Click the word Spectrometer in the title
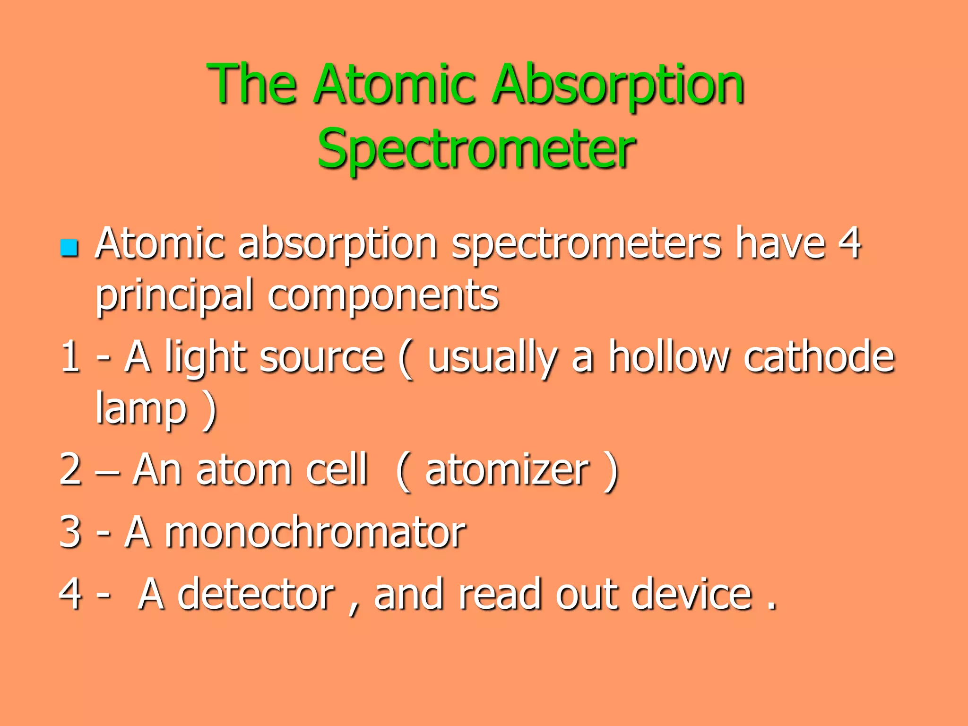tap(476, 149)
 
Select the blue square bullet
tap(69, 248)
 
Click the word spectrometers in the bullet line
tap(586, 244)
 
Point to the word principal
tap(174, 296)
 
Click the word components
tap(383, 296)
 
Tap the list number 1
tap(70, 356)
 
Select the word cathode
tap(819, 356)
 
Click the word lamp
tap(141, 409)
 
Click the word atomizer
tap(507, 469)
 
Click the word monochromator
tap(315, 532)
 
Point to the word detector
tap(256, 594)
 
